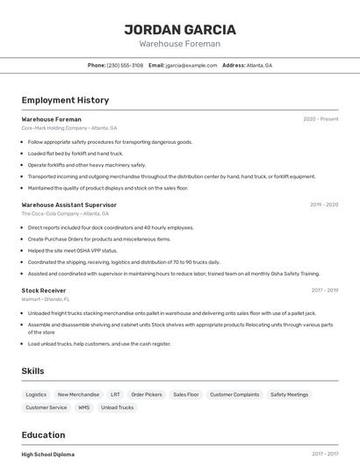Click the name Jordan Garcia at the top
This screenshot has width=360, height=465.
[179, 29]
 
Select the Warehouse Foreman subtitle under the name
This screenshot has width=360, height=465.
[179, 44]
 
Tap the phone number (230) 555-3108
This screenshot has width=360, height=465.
[125, 65]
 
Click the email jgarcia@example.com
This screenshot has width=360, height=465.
[191, 65]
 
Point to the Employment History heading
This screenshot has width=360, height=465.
[65, 100]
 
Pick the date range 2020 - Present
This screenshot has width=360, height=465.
[320, 119]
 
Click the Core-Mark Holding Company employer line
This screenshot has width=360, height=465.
[68, 128]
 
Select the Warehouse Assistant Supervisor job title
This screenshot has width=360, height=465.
[68, 204]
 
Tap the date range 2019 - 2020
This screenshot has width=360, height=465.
[323, 204]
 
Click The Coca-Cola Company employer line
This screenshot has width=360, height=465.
[65, 213]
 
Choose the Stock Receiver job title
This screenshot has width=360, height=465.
[43, 290]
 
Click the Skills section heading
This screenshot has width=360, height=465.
[32, 371]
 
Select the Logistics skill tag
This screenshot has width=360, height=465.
[36, 395]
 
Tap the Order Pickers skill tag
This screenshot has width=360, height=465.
[148, 395]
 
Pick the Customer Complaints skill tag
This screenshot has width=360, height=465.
[234, 395]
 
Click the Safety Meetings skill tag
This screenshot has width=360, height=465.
[289, 395]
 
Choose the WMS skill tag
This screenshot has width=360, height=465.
[83, 407]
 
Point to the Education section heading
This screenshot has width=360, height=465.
[43, 435]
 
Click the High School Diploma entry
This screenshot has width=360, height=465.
[47, 454]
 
